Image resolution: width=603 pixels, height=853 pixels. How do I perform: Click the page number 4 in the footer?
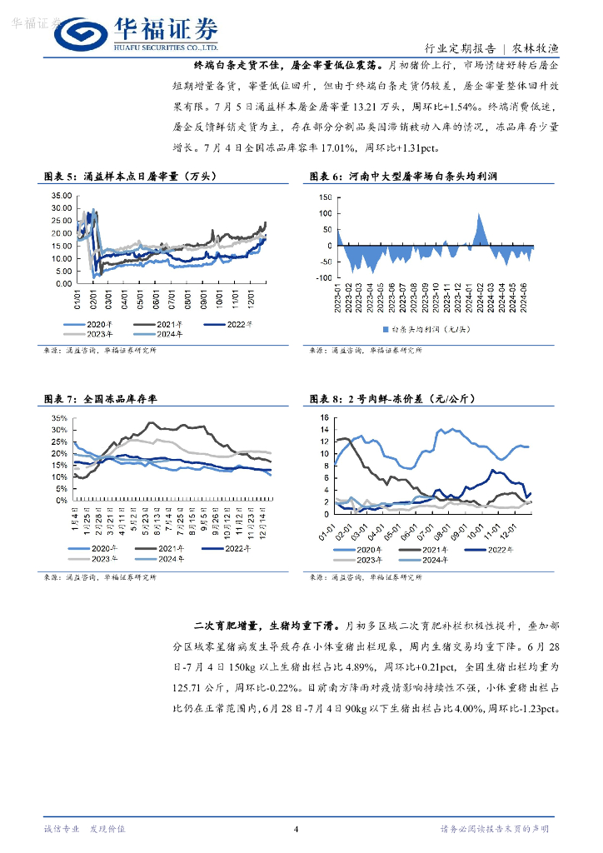pyautogui.click(x=296, y=829)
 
